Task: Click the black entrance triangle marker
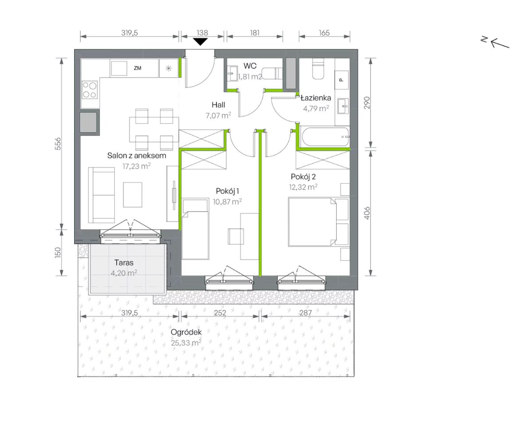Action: click(x=201, y=41)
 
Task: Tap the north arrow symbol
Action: click(x=496, y=42)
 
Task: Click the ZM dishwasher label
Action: click(x=137, y=68)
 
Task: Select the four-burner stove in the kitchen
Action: click(x=90, y=90)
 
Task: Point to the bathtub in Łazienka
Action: click(x=325, y=137)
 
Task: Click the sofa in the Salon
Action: click(x=101, y=195)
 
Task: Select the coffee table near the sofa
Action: click(x=133, y=195)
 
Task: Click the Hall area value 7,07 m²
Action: click(x=218, y=116)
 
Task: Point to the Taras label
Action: click(x=124, y=263)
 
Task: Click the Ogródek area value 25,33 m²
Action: click(x=186, y=343)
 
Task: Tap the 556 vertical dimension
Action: click(x=58, y=144)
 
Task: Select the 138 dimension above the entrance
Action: click(x=202, y=33)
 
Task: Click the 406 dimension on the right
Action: click(x=367, y=213)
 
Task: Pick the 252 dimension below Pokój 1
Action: click(x=220, y=313)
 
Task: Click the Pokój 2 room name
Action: click(x=303, y=177)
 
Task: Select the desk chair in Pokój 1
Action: click(x=236, y=236)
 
